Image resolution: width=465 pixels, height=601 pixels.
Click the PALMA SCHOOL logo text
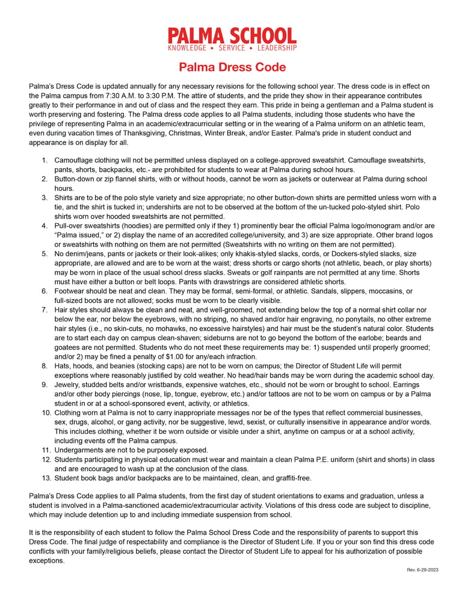coord(232,35)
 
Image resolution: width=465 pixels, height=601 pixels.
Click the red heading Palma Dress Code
coord(232,67)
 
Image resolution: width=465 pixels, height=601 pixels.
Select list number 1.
coord(45,160)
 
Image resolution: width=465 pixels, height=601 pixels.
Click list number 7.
coord(45,310)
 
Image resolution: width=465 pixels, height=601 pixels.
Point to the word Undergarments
coord(80,450)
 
